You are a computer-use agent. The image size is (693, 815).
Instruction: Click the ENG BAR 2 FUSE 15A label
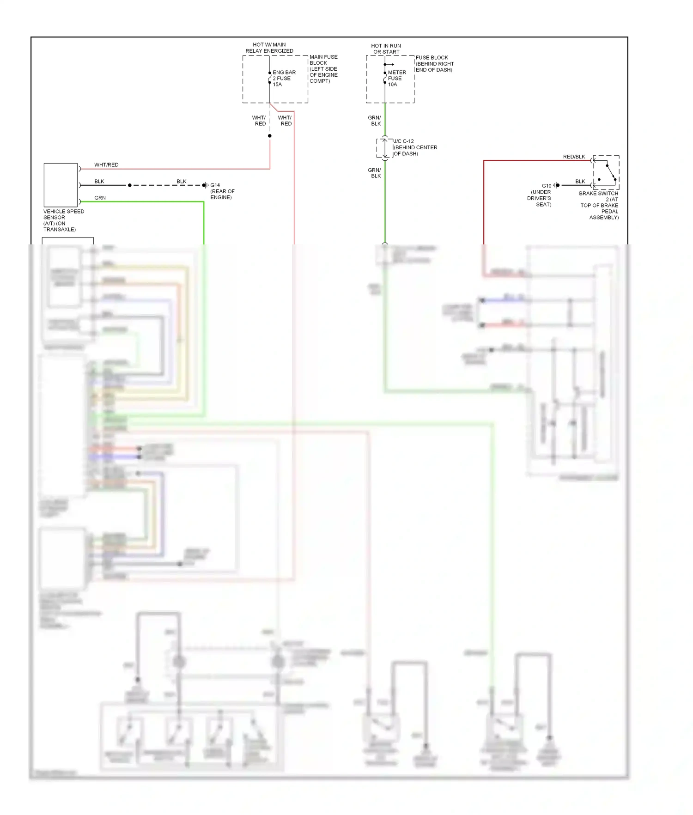[x=284, y=79]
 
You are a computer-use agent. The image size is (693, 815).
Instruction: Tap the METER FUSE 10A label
[x=396, y=79]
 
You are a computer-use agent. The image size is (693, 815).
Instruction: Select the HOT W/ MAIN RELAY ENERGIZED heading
[x=269, y=48]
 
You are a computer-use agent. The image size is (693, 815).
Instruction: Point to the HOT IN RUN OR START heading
[x=386, y=49]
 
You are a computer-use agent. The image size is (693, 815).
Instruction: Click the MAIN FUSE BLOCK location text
[x=323, y=69]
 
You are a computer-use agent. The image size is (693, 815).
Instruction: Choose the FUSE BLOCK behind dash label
[x=434, y=64]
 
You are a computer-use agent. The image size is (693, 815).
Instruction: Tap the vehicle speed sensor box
[x=61, y=185]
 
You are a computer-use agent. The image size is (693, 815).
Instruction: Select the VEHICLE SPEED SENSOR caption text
[x=63, y=220]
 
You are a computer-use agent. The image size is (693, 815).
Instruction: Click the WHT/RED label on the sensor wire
[x=106, y=165]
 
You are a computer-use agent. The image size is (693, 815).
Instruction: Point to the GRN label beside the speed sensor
[x=100, y=198]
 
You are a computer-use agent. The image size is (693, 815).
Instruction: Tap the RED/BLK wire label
[x=574, y=157]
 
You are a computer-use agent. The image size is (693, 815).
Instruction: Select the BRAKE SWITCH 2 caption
[x=599, y=205]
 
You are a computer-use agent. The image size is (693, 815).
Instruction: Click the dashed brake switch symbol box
[x=606, y=172]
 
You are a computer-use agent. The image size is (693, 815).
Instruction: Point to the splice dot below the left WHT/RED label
[x=270, y=136]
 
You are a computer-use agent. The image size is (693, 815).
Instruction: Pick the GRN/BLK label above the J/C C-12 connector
[x=375, y=121]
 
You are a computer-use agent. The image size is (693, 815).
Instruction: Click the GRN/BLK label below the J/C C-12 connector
[x=375, y=173]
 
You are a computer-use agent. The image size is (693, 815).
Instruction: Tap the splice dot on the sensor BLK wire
[x=130, y=185]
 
